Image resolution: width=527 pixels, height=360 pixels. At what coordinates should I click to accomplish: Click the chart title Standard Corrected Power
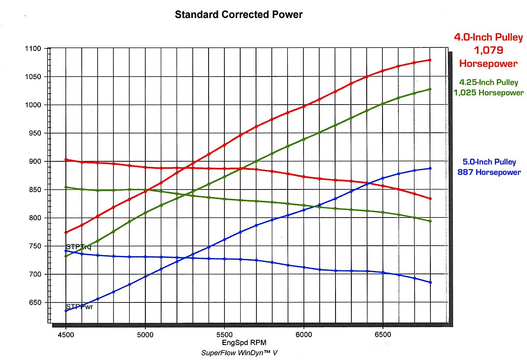(x=238, y=15)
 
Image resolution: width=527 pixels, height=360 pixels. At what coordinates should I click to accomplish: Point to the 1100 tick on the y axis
(x=33, y=49)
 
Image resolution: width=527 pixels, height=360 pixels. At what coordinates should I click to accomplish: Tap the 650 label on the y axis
(x=33, y=303)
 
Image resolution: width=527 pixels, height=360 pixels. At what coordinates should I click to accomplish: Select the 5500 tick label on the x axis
(x=224, y=334)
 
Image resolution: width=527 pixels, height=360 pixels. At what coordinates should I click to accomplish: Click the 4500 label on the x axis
(x=66, y=334)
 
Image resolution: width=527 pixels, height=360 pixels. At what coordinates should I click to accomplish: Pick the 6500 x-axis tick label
(x=383, y=334)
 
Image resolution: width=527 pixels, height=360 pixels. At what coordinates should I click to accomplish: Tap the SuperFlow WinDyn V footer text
(x=239, y=353)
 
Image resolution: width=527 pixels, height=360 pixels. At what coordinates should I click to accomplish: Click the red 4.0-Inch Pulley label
(x=488, y=37)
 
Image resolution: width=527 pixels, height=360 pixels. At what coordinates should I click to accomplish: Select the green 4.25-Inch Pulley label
(x=488, y=82)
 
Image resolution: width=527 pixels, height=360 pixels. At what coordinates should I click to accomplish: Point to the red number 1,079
(x=488, y=51)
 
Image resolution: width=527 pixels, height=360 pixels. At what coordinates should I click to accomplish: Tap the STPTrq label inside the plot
(x=79, y=247)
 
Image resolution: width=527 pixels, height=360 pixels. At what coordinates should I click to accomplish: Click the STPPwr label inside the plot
(x=79, y=306)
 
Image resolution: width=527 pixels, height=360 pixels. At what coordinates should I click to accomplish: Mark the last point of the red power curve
(x=430, y=60)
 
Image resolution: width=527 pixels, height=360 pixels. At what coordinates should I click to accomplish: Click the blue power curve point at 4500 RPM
(x=66, y=310)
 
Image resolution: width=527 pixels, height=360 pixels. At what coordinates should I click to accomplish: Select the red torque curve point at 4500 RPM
(x=66, y=160)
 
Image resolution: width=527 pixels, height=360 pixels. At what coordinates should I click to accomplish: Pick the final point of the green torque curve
(x=430, y=221)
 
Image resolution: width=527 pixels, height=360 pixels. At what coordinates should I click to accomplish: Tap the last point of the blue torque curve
(x=430, y=282)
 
